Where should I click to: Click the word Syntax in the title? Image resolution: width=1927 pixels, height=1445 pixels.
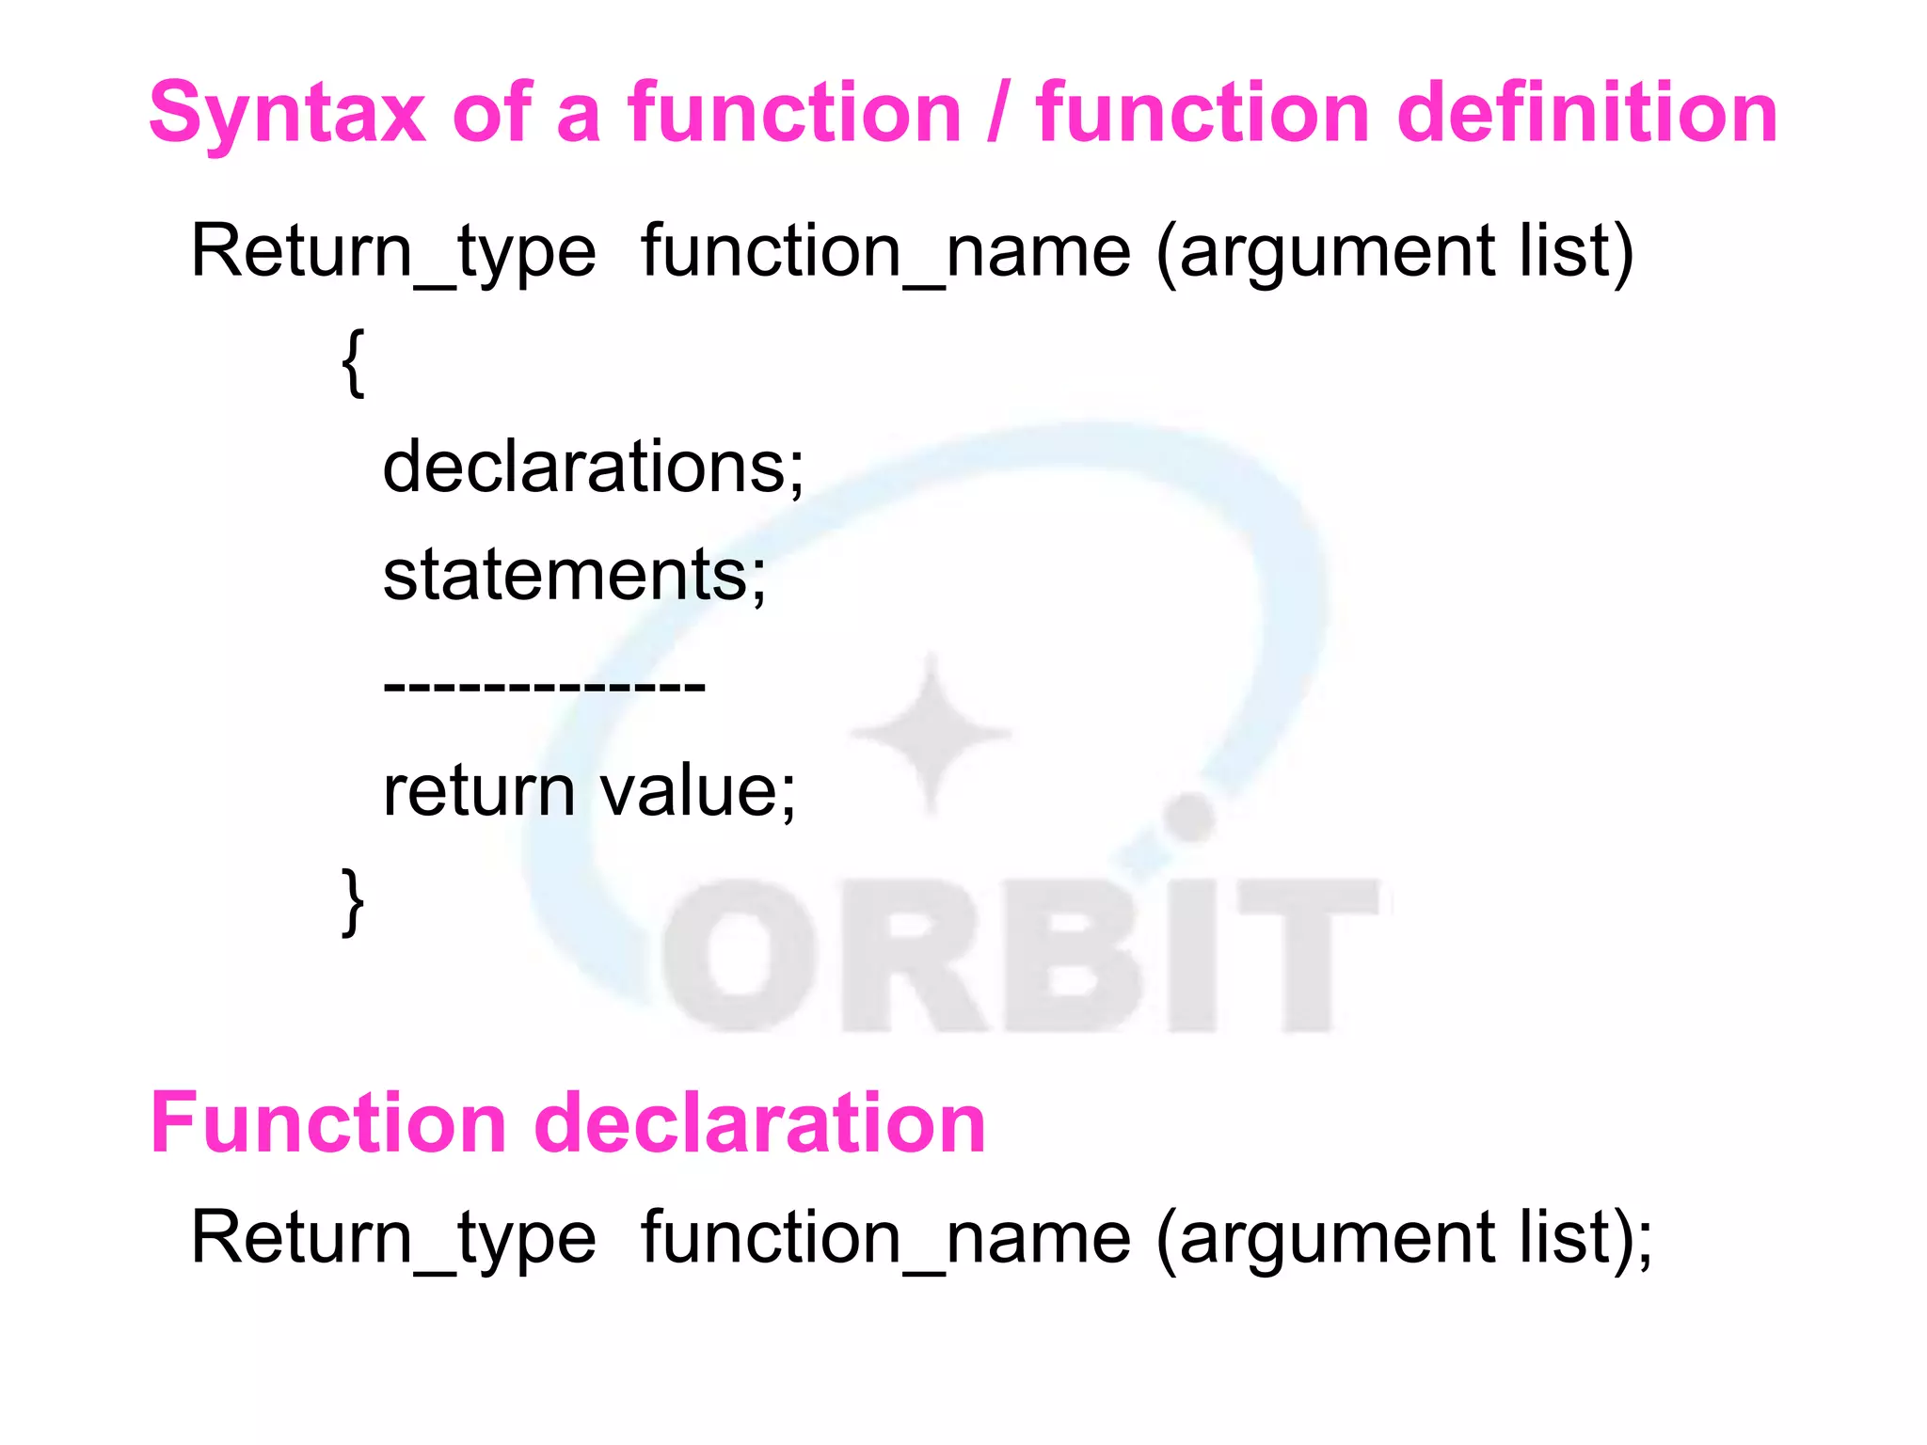[287, 115]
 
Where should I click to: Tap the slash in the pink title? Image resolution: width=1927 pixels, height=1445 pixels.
[998, 115]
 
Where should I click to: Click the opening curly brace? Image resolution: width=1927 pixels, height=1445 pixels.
[353, 362]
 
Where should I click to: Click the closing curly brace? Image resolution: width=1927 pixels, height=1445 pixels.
[353, 901]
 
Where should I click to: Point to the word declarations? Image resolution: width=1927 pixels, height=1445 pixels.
[593, 468]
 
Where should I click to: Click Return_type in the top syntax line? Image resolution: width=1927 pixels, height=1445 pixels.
[393, 252]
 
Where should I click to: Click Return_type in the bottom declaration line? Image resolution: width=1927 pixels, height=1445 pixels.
[393, 1238]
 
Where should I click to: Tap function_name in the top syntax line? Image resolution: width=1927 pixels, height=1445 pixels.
[885, 252]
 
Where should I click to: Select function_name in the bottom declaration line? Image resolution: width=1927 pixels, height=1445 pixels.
[885, 1238]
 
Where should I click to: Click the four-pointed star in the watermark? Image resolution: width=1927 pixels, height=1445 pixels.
[932, 733]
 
